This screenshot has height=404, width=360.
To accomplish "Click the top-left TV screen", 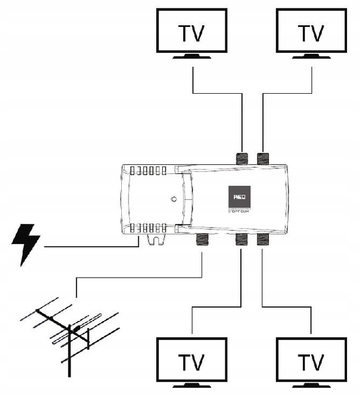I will pos(193,33).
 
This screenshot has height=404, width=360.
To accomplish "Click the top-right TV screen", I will pos(311,33).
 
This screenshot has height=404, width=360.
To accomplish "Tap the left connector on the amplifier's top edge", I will pos(242,158).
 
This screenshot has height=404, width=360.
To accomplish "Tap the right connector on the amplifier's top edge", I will pos(263,158).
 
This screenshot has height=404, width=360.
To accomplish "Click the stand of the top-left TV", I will pos(193,57).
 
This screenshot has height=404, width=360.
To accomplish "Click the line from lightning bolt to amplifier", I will pos(90,246).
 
